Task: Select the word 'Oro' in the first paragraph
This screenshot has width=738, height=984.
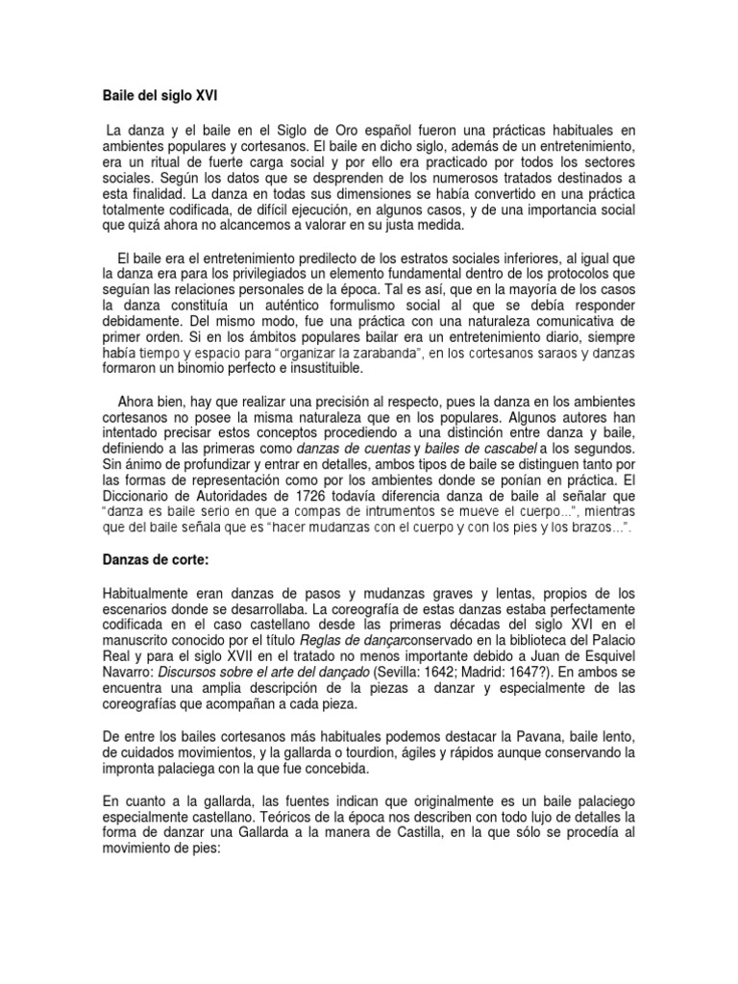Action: click(353, 130)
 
